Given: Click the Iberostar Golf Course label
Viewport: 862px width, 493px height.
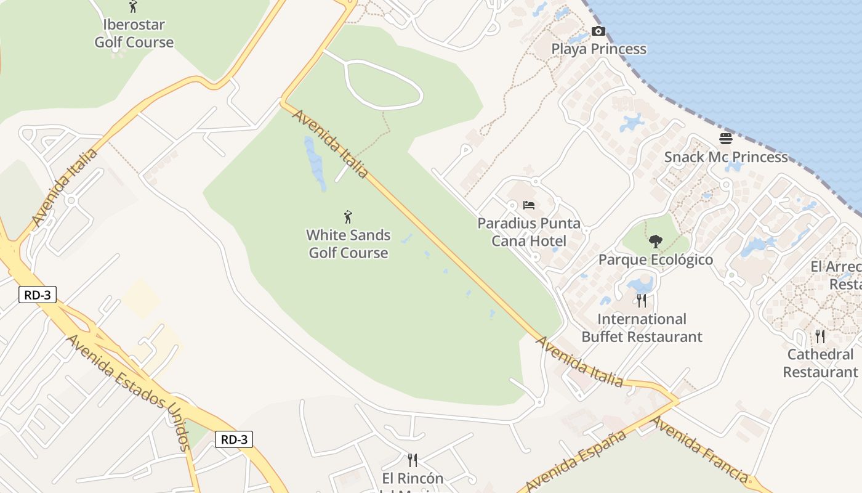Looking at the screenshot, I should click(134, 34).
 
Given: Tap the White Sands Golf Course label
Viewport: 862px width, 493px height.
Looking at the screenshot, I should click(348, 244).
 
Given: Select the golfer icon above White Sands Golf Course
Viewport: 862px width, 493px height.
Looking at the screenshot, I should click(348, 217).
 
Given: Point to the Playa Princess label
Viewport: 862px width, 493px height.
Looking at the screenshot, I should click(598, 49).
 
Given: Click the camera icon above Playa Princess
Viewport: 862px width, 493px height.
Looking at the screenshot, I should click(598, 31).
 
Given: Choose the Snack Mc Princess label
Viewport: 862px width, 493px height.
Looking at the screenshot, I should click(726, 157).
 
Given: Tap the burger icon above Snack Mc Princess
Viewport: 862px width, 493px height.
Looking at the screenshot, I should click(726, 138).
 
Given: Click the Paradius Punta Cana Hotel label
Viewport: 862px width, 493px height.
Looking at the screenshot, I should click(529, 232).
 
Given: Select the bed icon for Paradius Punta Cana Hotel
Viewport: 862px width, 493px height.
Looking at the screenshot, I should click(529, 205).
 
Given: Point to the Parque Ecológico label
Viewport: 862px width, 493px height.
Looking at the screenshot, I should click(656, 260).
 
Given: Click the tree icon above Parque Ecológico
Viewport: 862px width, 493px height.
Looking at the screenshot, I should click(656, 242).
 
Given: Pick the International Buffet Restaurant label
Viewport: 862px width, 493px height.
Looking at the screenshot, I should click(642, 328).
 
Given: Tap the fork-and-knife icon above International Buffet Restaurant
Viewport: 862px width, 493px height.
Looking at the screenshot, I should click(642, 301).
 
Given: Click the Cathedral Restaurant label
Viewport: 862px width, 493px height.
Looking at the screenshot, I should click(820, 363).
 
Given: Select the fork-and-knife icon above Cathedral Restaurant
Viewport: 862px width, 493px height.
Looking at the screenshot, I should click(820, 336).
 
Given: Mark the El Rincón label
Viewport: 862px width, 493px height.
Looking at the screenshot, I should click(413, 479).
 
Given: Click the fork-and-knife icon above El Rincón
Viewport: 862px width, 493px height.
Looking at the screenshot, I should click(413, 460).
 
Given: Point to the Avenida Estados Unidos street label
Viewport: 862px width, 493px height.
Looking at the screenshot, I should click(127, 392).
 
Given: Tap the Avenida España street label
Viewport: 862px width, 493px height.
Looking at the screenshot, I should click(576, 461).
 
